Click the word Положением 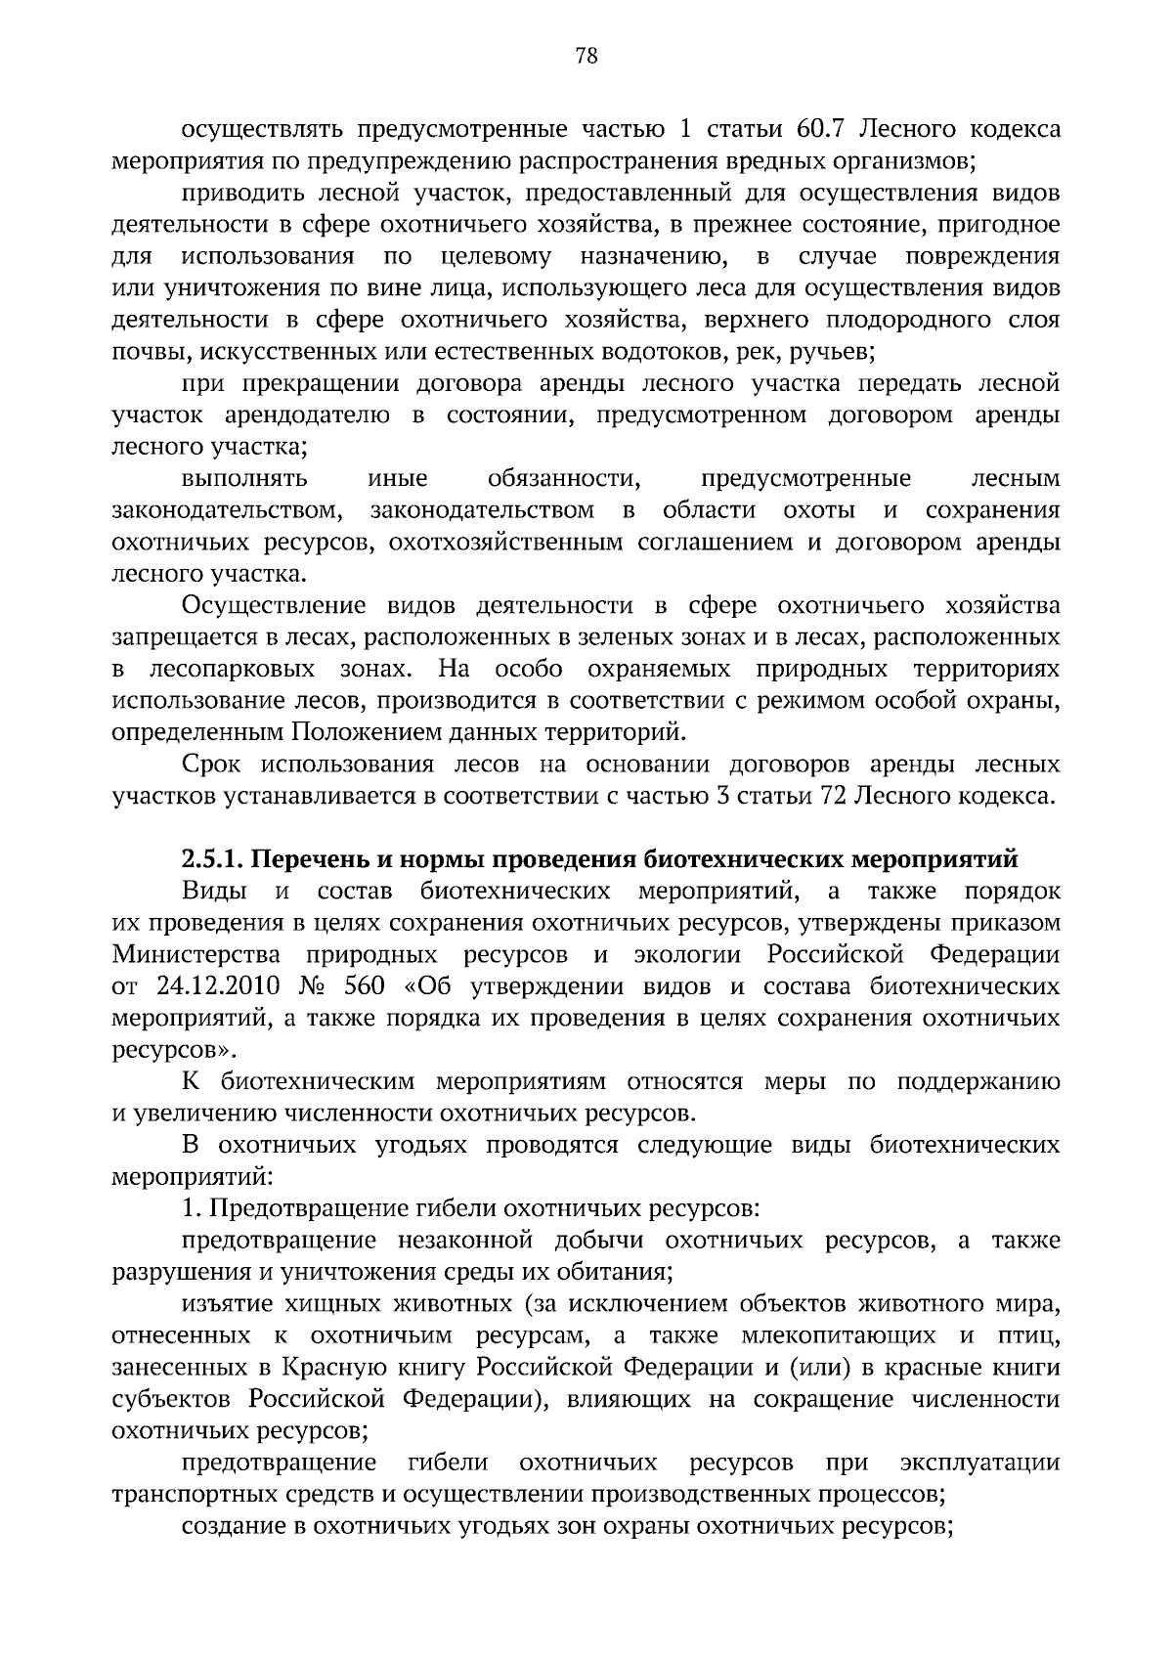click(361, 732)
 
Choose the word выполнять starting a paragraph click(244, 479)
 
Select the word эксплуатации click(979, 1463)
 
